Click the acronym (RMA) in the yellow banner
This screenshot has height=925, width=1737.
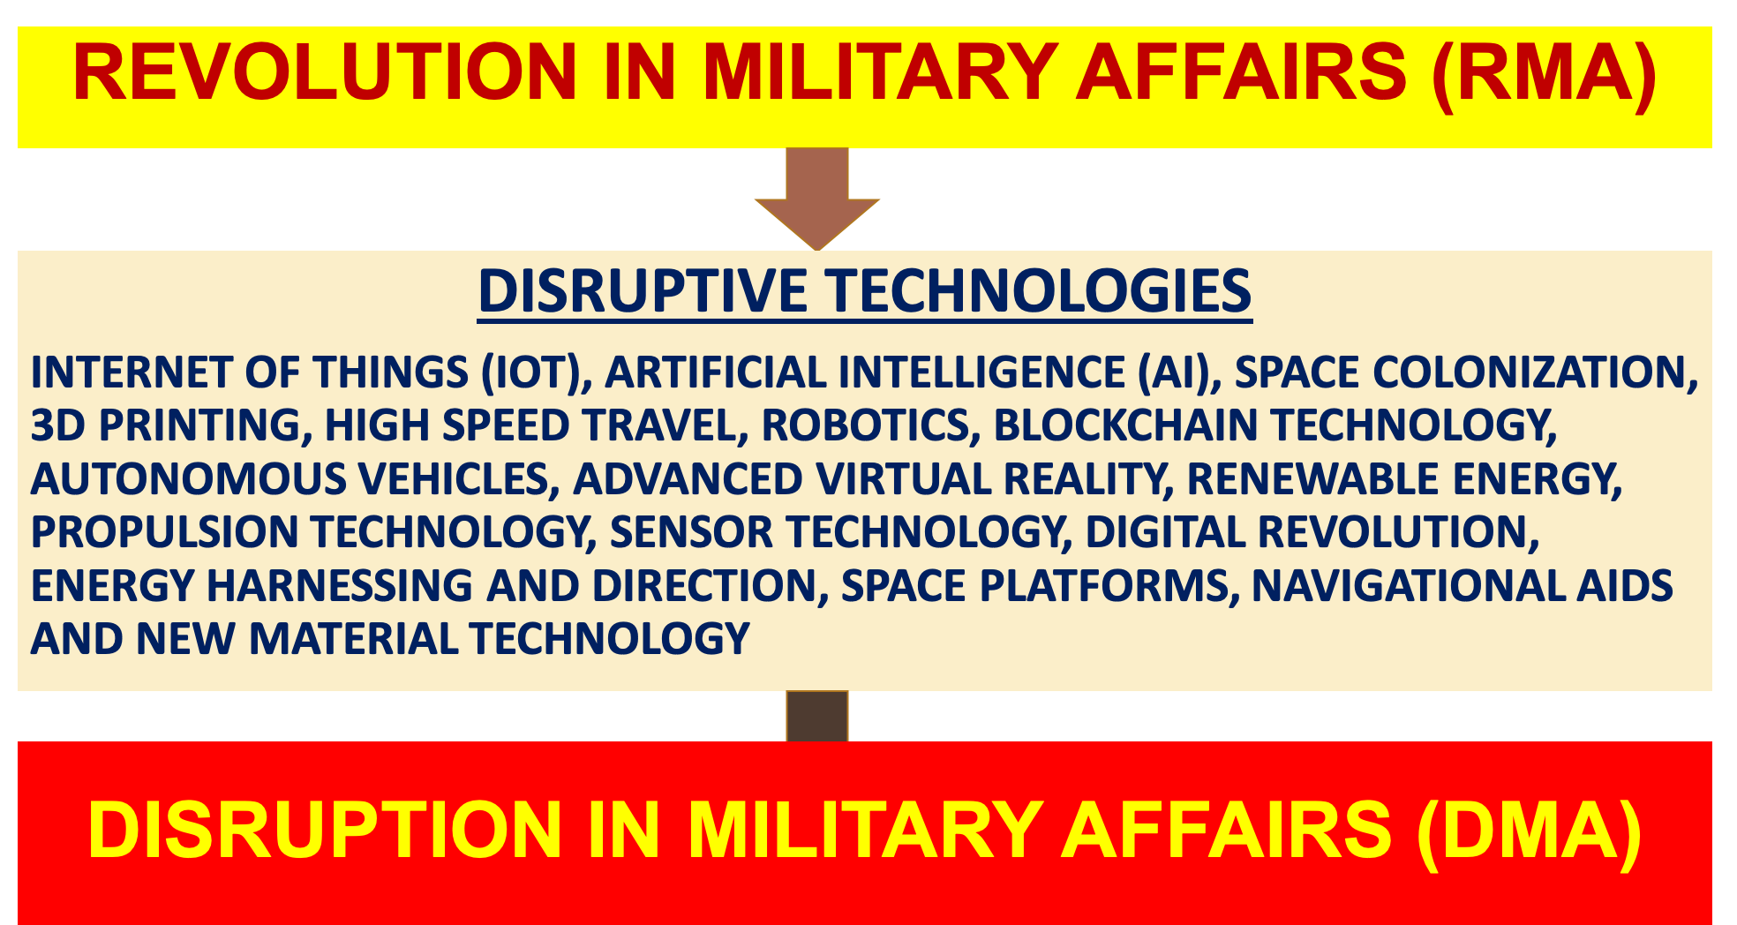coord(1544,73)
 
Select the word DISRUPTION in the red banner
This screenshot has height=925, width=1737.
coord(325,830)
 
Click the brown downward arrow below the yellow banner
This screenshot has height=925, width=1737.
coord(817,199)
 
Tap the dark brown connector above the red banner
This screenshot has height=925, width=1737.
coord(817,716)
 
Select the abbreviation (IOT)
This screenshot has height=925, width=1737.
coord(537,372)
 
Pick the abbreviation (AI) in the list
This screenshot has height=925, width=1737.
coord(1180,372)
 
